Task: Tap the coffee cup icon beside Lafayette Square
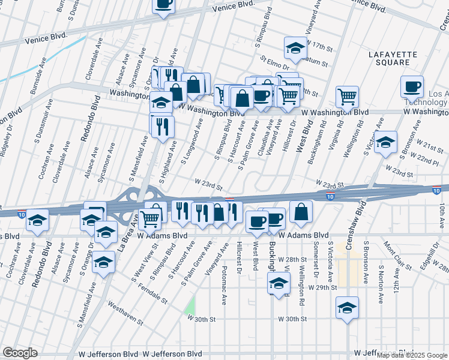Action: [412, 87]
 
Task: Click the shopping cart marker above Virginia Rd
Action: [347, 96]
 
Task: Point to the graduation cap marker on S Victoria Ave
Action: [386, 142]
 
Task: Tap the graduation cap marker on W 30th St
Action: [347, 308]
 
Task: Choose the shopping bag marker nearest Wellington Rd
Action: [301, 212]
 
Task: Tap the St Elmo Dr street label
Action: [275, 61]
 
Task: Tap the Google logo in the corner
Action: [20, 352]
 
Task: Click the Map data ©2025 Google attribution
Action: [411, 355]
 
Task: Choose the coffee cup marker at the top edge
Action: [163, 5]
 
